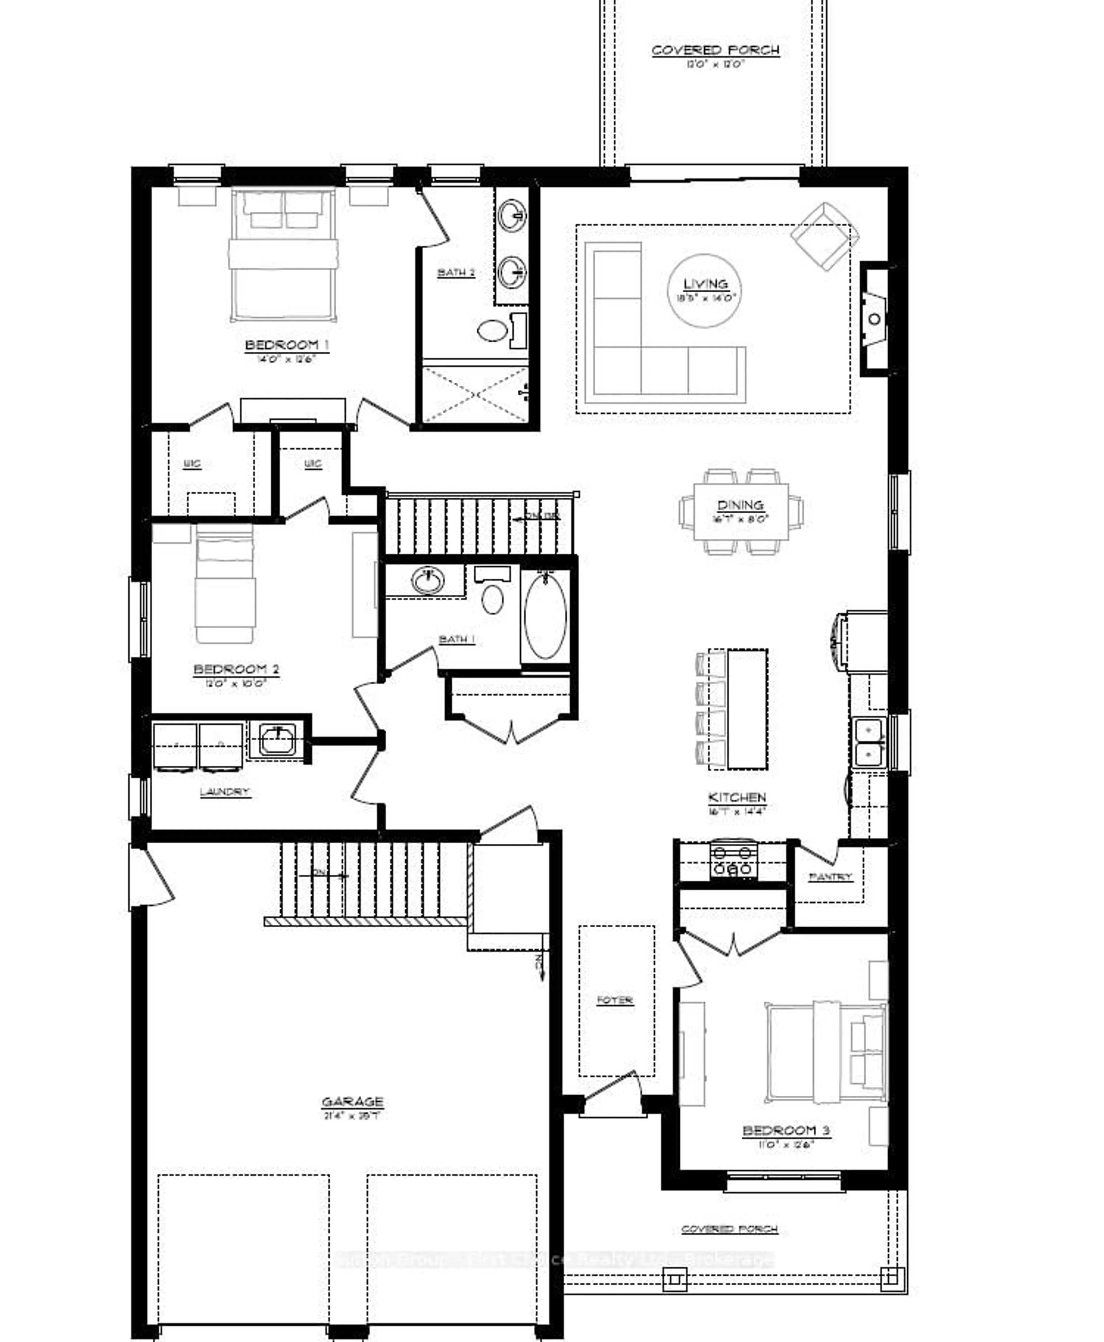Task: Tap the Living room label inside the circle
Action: point(705,284)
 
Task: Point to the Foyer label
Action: point(615,1000)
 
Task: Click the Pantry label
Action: point(830,877)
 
